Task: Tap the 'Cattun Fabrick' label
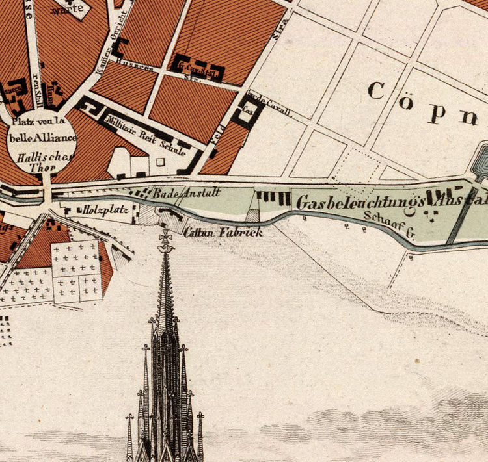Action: point(223,232)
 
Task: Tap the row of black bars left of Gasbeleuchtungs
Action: point(273,197)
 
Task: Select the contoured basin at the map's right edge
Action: point(482,159)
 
